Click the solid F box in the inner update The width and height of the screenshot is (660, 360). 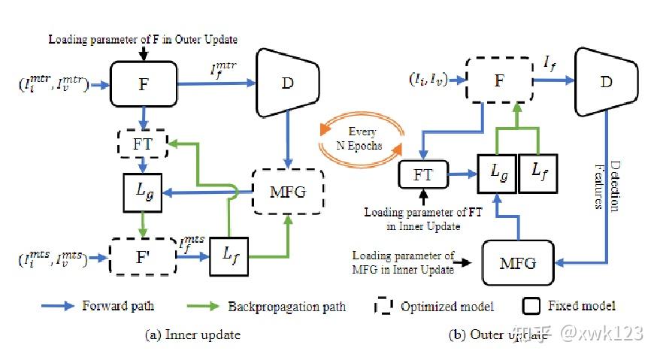pyautogui.click(x=143, y=83)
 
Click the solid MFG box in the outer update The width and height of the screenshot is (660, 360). pyautogui.click(x=518, y=263)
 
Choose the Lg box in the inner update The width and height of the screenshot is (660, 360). pyautogui.click(x=143, y=192)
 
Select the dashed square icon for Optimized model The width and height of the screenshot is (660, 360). pyautogui.click(x=383, y=307)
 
